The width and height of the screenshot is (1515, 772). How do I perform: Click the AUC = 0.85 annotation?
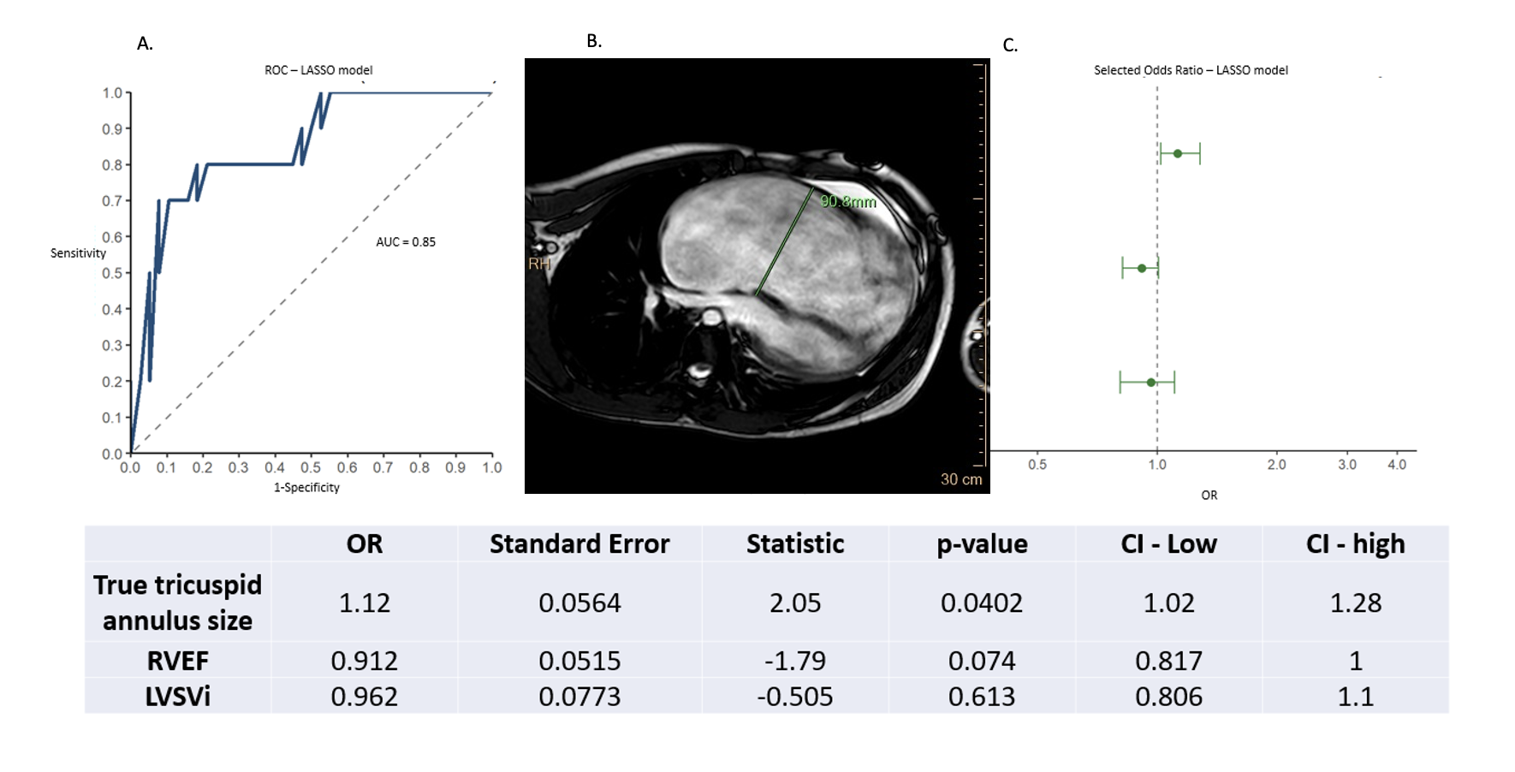pos(406,242)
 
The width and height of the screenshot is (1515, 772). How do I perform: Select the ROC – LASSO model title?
pos(318,70)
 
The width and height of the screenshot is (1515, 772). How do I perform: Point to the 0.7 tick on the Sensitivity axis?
pos(112,201)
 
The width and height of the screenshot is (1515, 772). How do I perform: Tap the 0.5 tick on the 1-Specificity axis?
pos(311,467)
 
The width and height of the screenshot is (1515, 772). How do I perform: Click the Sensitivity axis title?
pos(78,253)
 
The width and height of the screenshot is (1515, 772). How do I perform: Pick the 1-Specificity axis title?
pos(306,488)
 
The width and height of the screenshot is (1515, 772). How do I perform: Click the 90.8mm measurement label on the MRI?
pos(848,202)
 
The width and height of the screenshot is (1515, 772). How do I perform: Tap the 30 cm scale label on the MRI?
pos(961,479)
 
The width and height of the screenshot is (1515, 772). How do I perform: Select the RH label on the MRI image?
pos(539,264)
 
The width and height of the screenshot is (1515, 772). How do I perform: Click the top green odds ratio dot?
pos(1178,154)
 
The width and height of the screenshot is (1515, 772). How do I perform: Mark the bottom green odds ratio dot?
pos(1151,383)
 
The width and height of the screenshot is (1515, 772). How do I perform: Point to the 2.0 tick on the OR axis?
pos(1276,465)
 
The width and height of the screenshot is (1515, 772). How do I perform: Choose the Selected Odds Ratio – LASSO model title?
pos(1191,70)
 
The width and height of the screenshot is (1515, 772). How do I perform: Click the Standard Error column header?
pos(579,544)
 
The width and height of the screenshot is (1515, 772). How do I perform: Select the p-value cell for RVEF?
pos(982,661)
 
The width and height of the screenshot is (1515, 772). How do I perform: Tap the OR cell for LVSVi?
pos(365,697)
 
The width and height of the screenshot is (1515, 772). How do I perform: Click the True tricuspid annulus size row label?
pos(178,603)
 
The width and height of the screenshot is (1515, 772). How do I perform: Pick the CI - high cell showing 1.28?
pos(1356,603)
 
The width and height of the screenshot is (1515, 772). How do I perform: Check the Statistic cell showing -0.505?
pos(795,697)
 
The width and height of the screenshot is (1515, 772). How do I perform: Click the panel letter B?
pos(594,41)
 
